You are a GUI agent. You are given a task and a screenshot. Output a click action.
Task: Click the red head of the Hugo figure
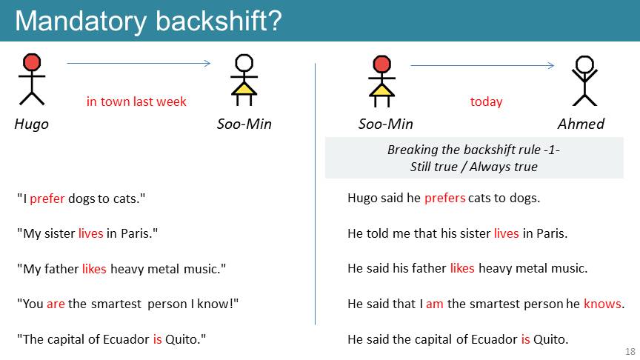(32, 62)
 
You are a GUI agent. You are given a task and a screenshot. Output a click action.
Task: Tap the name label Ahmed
(581, 124)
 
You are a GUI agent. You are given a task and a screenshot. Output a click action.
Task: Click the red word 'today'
(486, 101)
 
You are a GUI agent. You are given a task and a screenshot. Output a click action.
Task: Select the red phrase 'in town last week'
(136, 101)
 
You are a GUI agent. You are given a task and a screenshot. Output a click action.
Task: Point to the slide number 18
(630, 351)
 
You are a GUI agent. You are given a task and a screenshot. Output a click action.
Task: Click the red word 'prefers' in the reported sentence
(445, 199)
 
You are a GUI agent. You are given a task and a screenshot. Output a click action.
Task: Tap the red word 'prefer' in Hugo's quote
(47, 199)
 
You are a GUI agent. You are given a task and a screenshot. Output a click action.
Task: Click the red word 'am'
(435, 304)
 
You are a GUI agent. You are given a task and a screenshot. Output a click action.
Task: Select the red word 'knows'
(602, 304)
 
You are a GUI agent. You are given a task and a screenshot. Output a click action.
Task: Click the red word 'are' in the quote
(56, 304)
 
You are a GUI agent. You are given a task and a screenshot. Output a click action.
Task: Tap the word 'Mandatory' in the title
(81, 21)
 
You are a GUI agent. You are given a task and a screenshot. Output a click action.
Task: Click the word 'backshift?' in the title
(219, 21)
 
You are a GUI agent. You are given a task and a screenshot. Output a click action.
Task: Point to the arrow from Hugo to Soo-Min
(139, 63)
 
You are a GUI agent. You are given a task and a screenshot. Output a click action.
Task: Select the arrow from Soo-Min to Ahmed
(482, 65)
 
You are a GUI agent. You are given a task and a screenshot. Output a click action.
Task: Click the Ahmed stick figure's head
(584, 64)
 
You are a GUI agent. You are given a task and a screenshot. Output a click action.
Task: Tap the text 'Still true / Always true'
(474, 167)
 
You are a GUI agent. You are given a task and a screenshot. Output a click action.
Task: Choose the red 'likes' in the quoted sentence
(94, 269)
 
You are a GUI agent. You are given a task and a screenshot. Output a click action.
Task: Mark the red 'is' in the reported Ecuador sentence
(526, 339)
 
